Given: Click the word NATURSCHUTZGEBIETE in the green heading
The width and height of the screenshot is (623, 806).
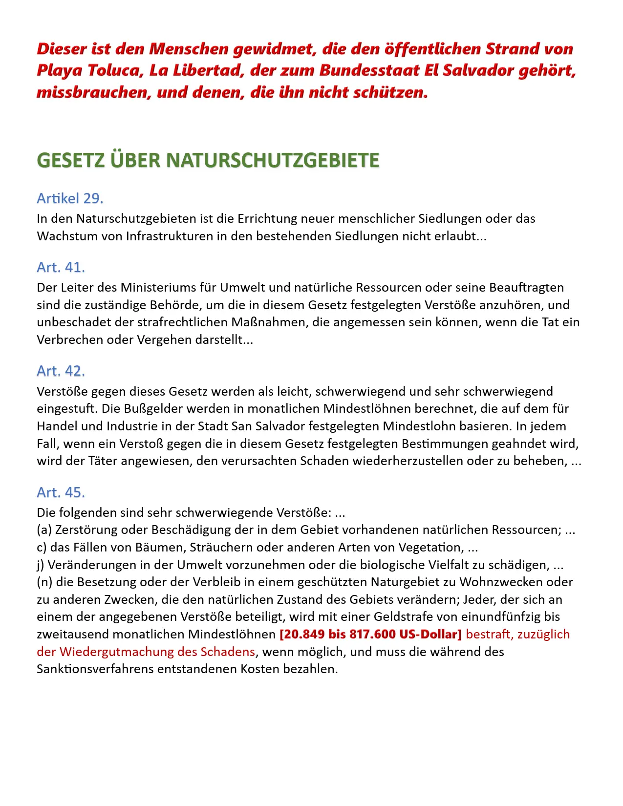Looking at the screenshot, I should pos(273,161).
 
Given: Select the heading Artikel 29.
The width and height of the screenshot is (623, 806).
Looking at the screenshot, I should pos(70,198).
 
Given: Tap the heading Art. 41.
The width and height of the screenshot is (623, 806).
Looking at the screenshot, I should pos(61,267).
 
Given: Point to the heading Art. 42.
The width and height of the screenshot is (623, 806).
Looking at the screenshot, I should pos(61,371).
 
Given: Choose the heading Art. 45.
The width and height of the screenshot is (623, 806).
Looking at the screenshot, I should pos(61,492).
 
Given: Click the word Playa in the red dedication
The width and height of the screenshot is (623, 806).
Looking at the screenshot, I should pos(59,71).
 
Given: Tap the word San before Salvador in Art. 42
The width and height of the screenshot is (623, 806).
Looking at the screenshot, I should pos(241,426).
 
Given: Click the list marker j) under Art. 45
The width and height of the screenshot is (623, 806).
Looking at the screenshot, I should pos(41,565).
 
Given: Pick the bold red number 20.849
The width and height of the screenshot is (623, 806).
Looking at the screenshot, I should pos(302,635).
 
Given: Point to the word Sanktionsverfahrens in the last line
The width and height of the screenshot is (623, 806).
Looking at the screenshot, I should pos(95,669).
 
